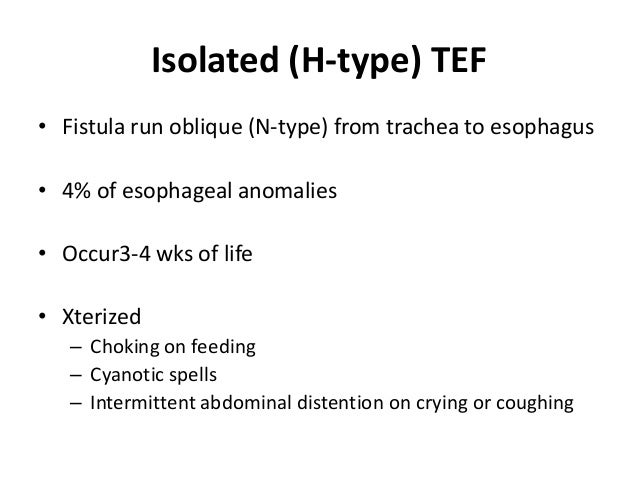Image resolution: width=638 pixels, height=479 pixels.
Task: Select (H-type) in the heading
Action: [x=347, y=63]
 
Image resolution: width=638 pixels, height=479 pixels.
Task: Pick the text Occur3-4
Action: [x=104, y=255]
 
